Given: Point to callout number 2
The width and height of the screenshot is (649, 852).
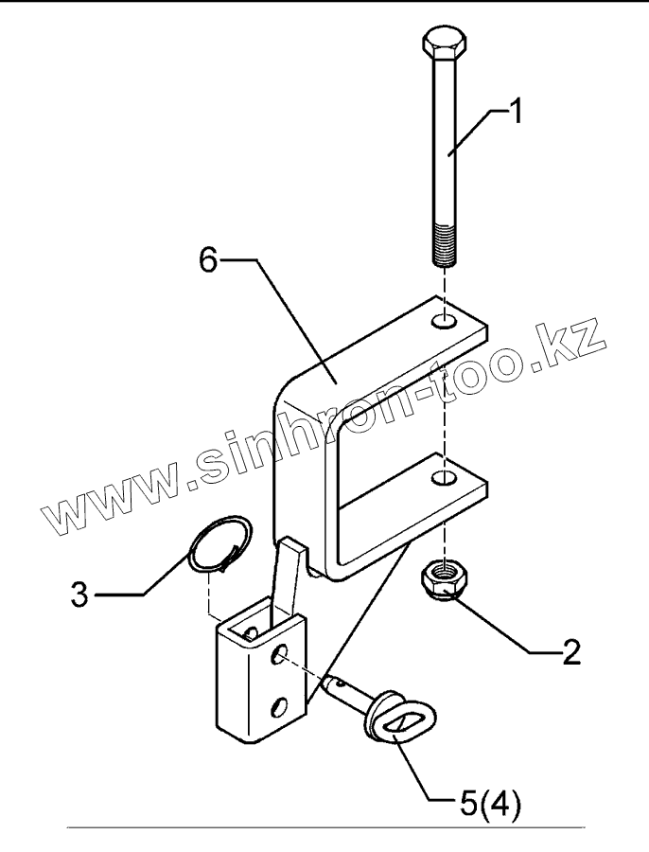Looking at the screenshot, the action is click(570, 653).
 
